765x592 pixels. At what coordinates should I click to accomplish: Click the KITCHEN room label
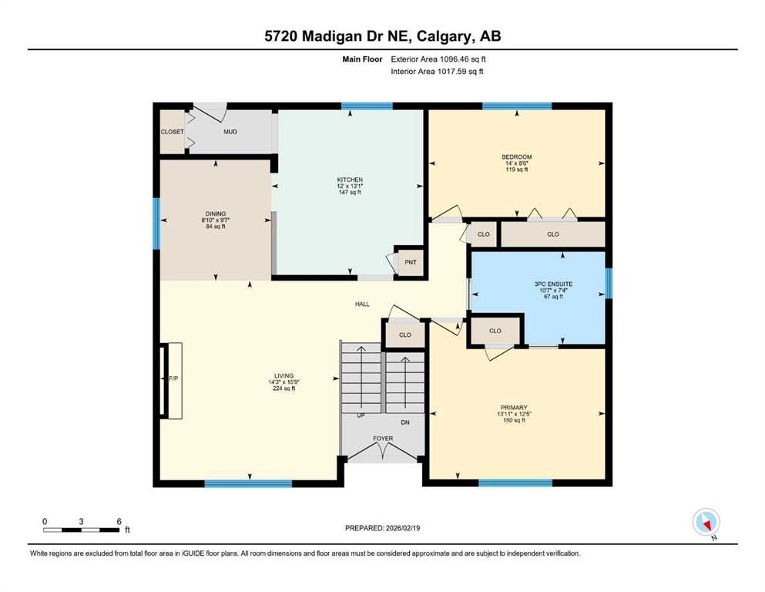(x=350, y=180)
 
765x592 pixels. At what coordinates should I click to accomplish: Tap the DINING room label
(x=216, y=214)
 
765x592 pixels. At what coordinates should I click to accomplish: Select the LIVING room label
(x=284, y=376)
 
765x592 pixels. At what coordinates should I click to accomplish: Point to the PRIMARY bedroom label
(x=514, y=408)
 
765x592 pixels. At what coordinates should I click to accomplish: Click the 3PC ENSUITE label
(x=553, y=284)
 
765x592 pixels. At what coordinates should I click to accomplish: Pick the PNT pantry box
(x=411, y=262)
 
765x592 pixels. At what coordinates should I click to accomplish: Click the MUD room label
(x=230, y=132)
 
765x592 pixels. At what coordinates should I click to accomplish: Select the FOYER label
(x=383, y=439)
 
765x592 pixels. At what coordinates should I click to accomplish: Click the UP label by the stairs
(x=361, y=415)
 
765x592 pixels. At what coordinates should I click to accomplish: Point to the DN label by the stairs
(x=405, y=422)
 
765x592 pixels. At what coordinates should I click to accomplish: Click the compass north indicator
(x=706, y=522)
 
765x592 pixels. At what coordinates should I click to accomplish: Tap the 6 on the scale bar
(x=119, y=521)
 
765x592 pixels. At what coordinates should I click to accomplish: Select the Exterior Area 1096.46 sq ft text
(x=438, y=59)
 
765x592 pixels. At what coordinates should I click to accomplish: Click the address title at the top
(x=383, y=36)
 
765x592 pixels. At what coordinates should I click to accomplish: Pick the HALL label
(x=362, y=304)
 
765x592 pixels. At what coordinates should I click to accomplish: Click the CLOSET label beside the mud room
(x=173, y=132)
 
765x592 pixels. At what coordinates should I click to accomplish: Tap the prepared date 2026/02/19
(x=402, y=528)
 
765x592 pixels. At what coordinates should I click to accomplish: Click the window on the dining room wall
(x=156, y=224)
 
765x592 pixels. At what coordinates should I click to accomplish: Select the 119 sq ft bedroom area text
(x=517, y=170)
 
